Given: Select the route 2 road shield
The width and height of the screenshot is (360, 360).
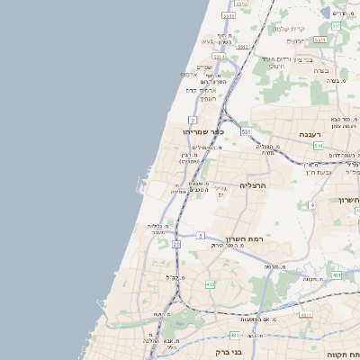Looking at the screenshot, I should click(x=193, y=119).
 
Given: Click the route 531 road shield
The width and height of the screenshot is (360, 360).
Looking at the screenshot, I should click(x=246, y=131).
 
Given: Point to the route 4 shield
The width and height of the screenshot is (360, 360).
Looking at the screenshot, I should click(x=311, y=205).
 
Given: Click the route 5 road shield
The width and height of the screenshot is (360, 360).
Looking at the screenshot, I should click(x=200, y=235).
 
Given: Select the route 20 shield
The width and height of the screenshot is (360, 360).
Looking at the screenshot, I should click(x=176, y=244).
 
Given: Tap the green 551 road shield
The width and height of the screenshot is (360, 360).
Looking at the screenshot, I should click(x=335, y=26).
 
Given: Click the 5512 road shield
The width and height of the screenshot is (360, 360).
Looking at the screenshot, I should click(x=229, y=15).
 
